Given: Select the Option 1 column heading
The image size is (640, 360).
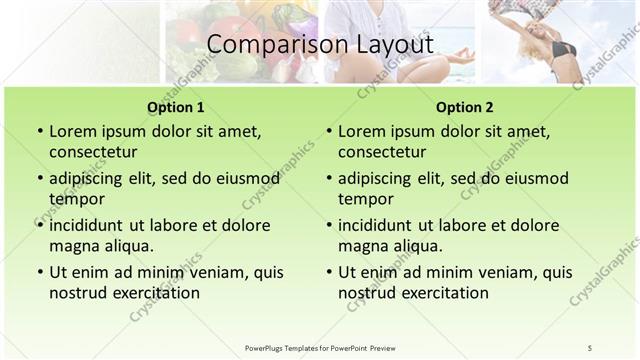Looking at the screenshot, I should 176,106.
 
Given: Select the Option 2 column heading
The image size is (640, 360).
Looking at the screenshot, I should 464,106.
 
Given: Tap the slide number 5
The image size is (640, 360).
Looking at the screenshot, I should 590,347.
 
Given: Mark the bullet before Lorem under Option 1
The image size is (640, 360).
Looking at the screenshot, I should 38,132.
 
